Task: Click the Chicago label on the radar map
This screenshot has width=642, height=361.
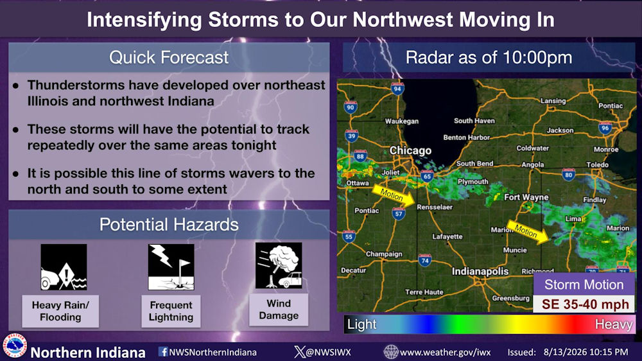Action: coord(410,151)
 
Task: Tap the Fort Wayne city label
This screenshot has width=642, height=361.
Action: coord(526,197)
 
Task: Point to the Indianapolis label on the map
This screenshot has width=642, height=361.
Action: coord(480,271)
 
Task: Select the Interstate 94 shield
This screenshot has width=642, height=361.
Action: coord(397,88)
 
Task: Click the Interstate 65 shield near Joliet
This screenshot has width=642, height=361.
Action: coord(427,176)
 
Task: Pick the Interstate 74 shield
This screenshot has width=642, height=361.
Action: coord(424,260)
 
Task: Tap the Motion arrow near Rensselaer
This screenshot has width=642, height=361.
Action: coord(393,195)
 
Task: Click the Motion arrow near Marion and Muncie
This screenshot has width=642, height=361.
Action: coord(528,232)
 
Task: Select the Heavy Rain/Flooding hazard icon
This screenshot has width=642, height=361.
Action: coord(64,267)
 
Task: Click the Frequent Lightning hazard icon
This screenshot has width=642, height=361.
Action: coord(171,267)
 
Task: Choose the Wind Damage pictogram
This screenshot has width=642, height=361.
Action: coord(279,265)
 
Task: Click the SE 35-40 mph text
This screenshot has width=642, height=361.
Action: coord(585,304)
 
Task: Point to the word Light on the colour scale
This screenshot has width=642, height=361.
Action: coord(361,324)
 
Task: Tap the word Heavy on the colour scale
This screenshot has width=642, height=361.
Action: coord(613,324)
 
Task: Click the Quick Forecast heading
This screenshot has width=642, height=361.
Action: coord(169,57)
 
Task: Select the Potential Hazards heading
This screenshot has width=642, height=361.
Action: coord(169,225)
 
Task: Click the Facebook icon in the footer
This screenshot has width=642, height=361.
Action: coord(163,351)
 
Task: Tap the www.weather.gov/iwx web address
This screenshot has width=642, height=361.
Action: coord(445,353)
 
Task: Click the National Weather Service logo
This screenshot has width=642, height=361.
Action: coord(15,346)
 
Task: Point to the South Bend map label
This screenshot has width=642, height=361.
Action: coord(474,164)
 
